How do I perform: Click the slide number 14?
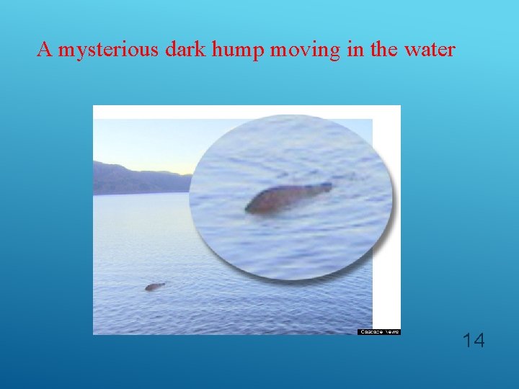click(473, 340)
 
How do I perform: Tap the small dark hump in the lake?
click(154, 287)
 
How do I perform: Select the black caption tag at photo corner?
click(378, 331)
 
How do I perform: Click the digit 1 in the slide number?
click(466, 340)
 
